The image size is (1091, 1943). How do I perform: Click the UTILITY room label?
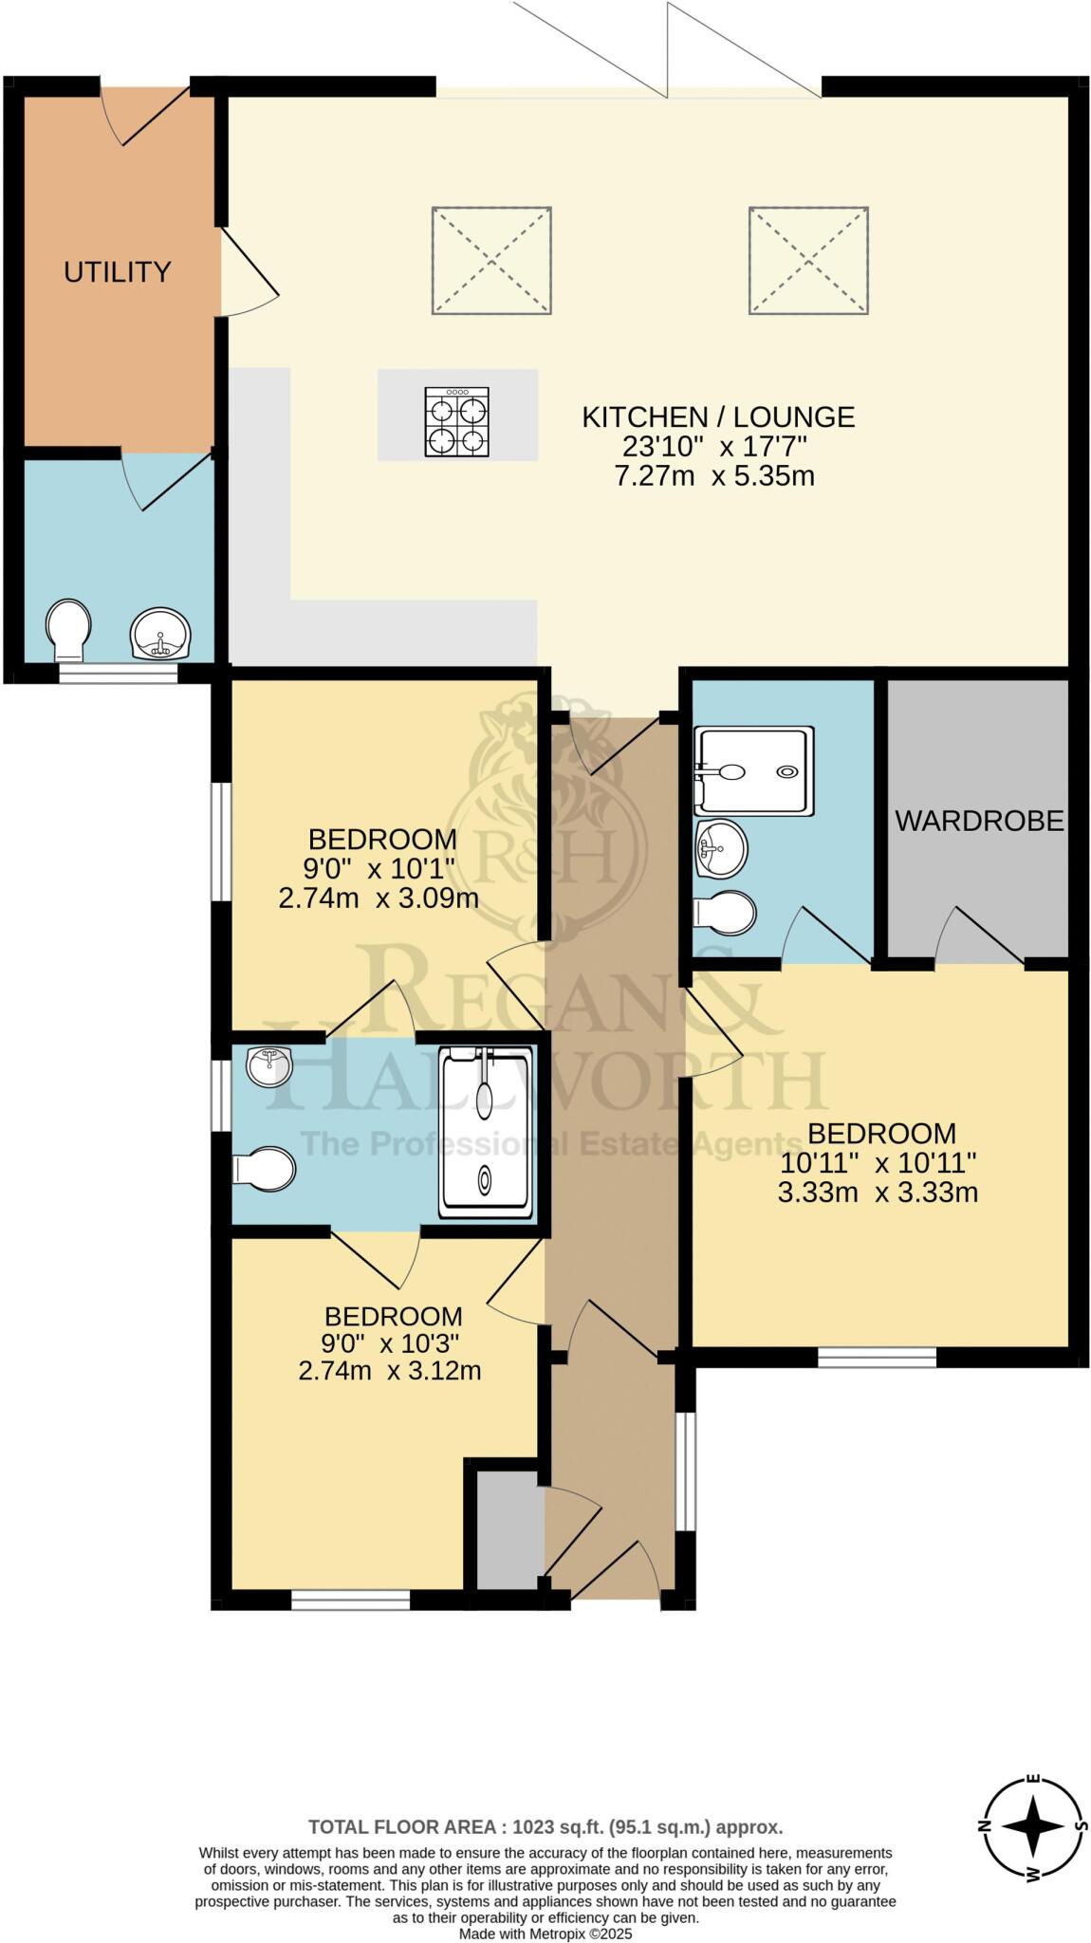tap(117, 272)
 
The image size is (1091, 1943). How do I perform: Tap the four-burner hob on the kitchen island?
tap(457, 423)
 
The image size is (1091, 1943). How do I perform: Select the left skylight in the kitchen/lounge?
tap(491, 260)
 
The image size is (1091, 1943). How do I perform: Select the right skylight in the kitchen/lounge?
tap(808, 260)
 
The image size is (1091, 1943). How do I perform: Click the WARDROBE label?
tap(979, 821)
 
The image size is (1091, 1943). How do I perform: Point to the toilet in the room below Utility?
tap(68, 628)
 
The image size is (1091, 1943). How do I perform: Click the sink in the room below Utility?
tap(160, 633)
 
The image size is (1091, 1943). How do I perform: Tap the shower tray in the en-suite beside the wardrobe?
tap(754, 770)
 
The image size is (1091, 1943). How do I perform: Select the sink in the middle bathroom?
tap(269, 1066)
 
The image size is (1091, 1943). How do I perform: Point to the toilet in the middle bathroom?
tap(265, 1169)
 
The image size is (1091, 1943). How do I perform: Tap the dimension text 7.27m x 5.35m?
tap(714, 475)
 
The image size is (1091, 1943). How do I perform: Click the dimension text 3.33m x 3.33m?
tap(878, 1193)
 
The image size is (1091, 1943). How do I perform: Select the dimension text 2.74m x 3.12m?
tap(390, 1370)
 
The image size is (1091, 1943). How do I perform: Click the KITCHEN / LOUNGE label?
tap(718, 416)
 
